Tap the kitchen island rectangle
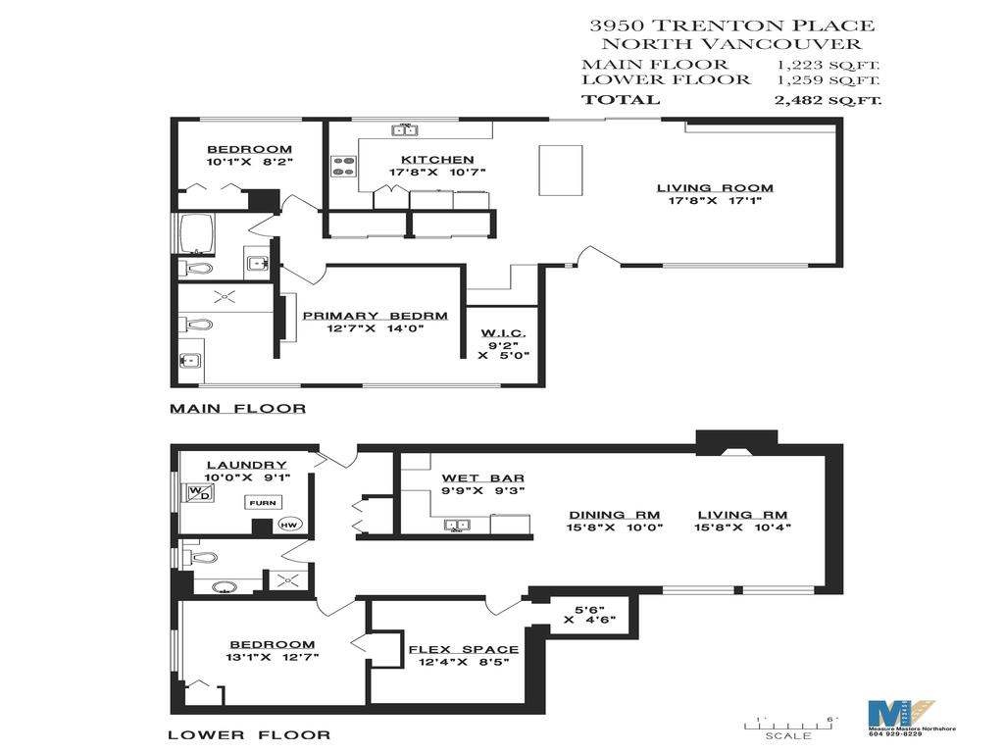[560, 170]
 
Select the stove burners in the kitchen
[343, 167]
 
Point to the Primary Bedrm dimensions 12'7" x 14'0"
[375, 329]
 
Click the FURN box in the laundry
[262, 502]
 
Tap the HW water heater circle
[289, 525]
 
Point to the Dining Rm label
[616, 514]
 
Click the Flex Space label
[464, 649]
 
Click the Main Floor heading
[237, 408]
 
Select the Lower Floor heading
[249, 733]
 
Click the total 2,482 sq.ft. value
[827, 99]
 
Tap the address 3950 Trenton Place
[730, 26]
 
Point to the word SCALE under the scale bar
[788, 735]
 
